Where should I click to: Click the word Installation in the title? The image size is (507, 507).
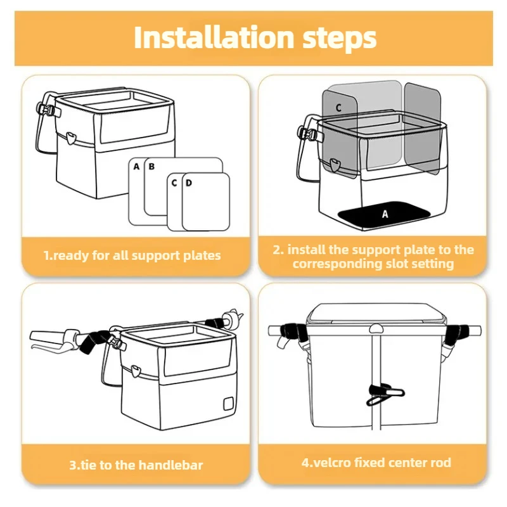pos(214,37)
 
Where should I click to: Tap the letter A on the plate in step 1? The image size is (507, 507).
pos(136,167)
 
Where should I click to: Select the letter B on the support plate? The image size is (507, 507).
pos(151,167)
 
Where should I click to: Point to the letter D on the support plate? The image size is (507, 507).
pos(189,183)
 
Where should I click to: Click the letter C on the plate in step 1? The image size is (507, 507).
pos(174,183)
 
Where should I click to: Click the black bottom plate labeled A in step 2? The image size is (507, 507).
pos(385,214)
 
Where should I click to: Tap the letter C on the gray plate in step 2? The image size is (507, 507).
pos(338,107)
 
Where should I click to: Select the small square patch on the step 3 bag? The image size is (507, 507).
pos(228,403)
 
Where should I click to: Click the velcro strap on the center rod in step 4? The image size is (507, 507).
pos(385,394)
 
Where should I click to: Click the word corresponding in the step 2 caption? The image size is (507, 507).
pos(337,264)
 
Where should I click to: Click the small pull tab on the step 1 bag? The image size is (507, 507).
pos(70,138)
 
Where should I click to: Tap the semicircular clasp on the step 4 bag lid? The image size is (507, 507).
pos(376,329)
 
